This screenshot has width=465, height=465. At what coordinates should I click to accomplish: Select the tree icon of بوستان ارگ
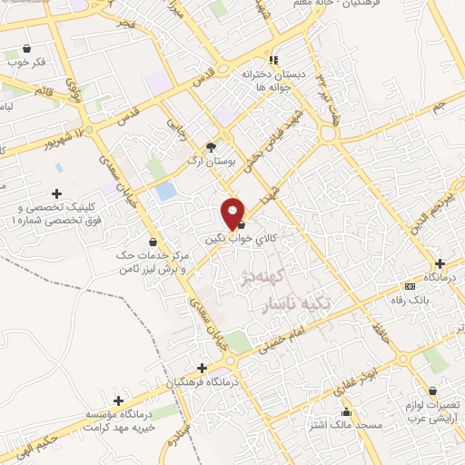point(212,146)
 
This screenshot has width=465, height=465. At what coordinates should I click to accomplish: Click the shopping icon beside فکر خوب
point(27,49)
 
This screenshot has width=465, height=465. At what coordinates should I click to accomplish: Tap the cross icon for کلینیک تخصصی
point(57,193)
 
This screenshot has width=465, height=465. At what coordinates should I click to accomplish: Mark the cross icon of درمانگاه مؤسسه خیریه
point(118,400)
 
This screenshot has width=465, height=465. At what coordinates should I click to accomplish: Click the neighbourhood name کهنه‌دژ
point(257,277)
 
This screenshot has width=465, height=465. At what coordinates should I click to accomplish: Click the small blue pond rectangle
point(165,192)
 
